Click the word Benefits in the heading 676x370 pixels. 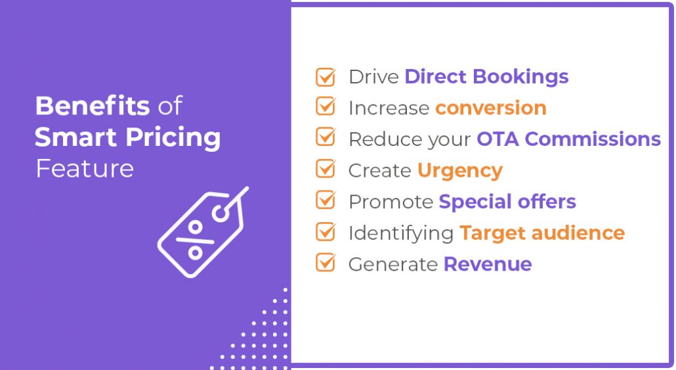click(x=93, y=106)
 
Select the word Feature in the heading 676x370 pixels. click(x=85, y=168)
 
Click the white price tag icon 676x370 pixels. click(x=203, y=232)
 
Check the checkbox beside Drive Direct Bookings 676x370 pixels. click(x=326, y=77)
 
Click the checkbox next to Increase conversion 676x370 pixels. click(x=326, y=106)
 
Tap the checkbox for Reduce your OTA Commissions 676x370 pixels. click(x=326, y=137)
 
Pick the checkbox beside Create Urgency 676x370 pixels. click(x=326, y=168)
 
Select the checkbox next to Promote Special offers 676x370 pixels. click(x=326, y=200)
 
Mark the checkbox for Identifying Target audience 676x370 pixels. click(x=326, y=231)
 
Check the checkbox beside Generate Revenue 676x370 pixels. click(x=326, y=262)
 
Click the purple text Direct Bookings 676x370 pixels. click(x=487, y=78)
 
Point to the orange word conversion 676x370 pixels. click(x=491, y=108)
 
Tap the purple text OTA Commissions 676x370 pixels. click(x=568, y=139)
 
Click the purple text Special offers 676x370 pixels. click(x=507, y=202)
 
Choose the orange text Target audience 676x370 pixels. click(x=542, y=233)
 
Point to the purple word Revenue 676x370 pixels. click(x=488, y=264)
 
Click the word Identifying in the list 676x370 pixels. click(x=402, y=233)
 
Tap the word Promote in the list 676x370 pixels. click(x=391, y=202)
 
